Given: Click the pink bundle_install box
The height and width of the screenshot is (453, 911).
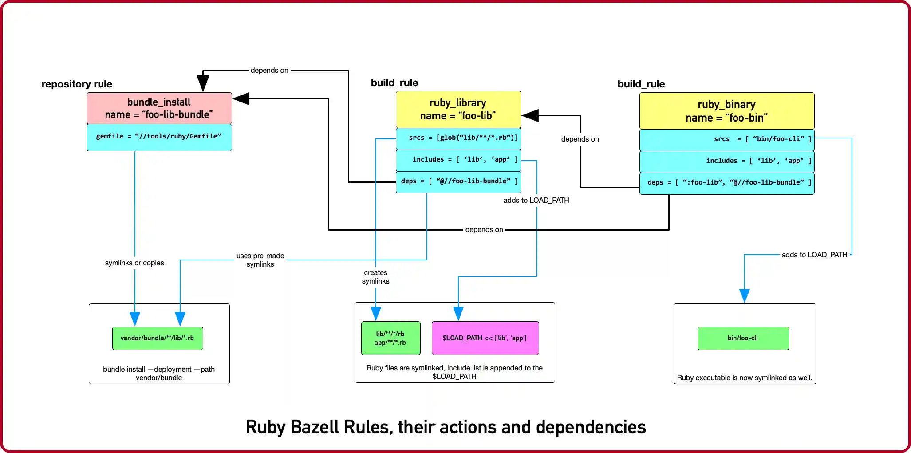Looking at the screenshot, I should click(x=159, y=108).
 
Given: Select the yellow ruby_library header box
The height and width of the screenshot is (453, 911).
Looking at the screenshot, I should click(x=458, y=110).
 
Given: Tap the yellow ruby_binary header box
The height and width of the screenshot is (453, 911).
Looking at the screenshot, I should click(x=726, y=111).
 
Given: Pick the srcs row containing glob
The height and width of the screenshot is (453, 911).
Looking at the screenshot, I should click(x=458, y=138).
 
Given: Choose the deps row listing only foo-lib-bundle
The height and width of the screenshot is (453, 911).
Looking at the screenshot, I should click(x=458, y=182).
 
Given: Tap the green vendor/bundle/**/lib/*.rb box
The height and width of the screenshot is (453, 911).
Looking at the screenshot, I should click(x=158, y=339).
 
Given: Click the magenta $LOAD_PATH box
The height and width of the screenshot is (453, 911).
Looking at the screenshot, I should click(x=485, y=338).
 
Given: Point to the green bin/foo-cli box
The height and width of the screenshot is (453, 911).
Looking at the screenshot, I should click(x=743, y=339).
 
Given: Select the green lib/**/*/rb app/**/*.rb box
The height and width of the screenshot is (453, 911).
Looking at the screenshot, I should click(x=390, y=338).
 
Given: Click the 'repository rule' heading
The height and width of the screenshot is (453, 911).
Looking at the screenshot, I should click(x=77, y=84).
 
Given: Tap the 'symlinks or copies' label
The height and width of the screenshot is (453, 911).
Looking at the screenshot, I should click(x=134, y=263).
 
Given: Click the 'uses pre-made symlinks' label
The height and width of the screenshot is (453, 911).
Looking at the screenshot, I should click(x=260, y=260).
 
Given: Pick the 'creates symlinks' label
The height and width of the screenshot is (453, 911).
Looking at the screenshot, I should click(x=375, y=277).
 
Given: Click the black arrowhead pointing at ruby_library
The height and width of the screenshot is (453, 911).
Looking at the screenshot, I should click(x=530, y=116).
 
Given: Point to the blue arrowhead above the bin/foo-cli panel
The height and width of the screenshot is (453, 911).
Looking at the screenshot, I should click(x=744, y=295).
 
